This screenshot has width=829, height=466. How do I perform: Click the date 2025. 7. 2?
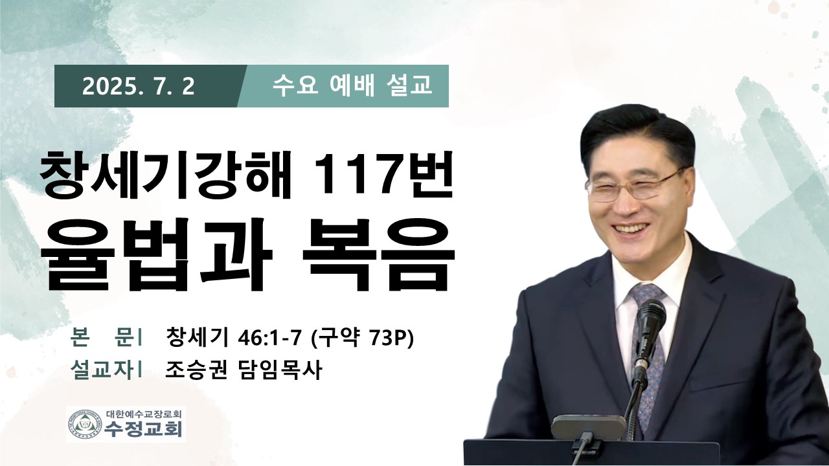pyautogui.click(x=139, y=87)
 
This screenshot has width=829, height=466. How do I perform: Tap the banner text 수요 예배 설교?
pyautogui.click(x=352, y=86)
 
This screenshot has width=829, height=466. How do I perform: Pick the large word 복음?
pyautogui.click(x=378, y=255)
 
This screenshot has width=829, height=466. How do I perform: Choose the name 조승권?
pyautogui.click(x=196, y=370)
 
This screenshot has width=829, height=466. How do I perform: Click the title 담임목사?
pyautogui.click(x=278, y=370)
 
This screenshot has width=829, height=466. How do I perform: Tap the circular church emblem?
pyautogui.click(x=85, y=425)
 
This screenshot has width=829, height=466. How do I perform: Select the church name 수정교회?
pyautogui.click(x=144, y=430)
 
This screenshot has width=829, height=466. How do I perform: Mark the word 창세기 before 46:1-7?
pyautogui.click(x=196, y=338)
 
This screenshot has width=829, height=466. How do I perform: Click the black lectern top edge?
pyautogui.click(x=591, y=441)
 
